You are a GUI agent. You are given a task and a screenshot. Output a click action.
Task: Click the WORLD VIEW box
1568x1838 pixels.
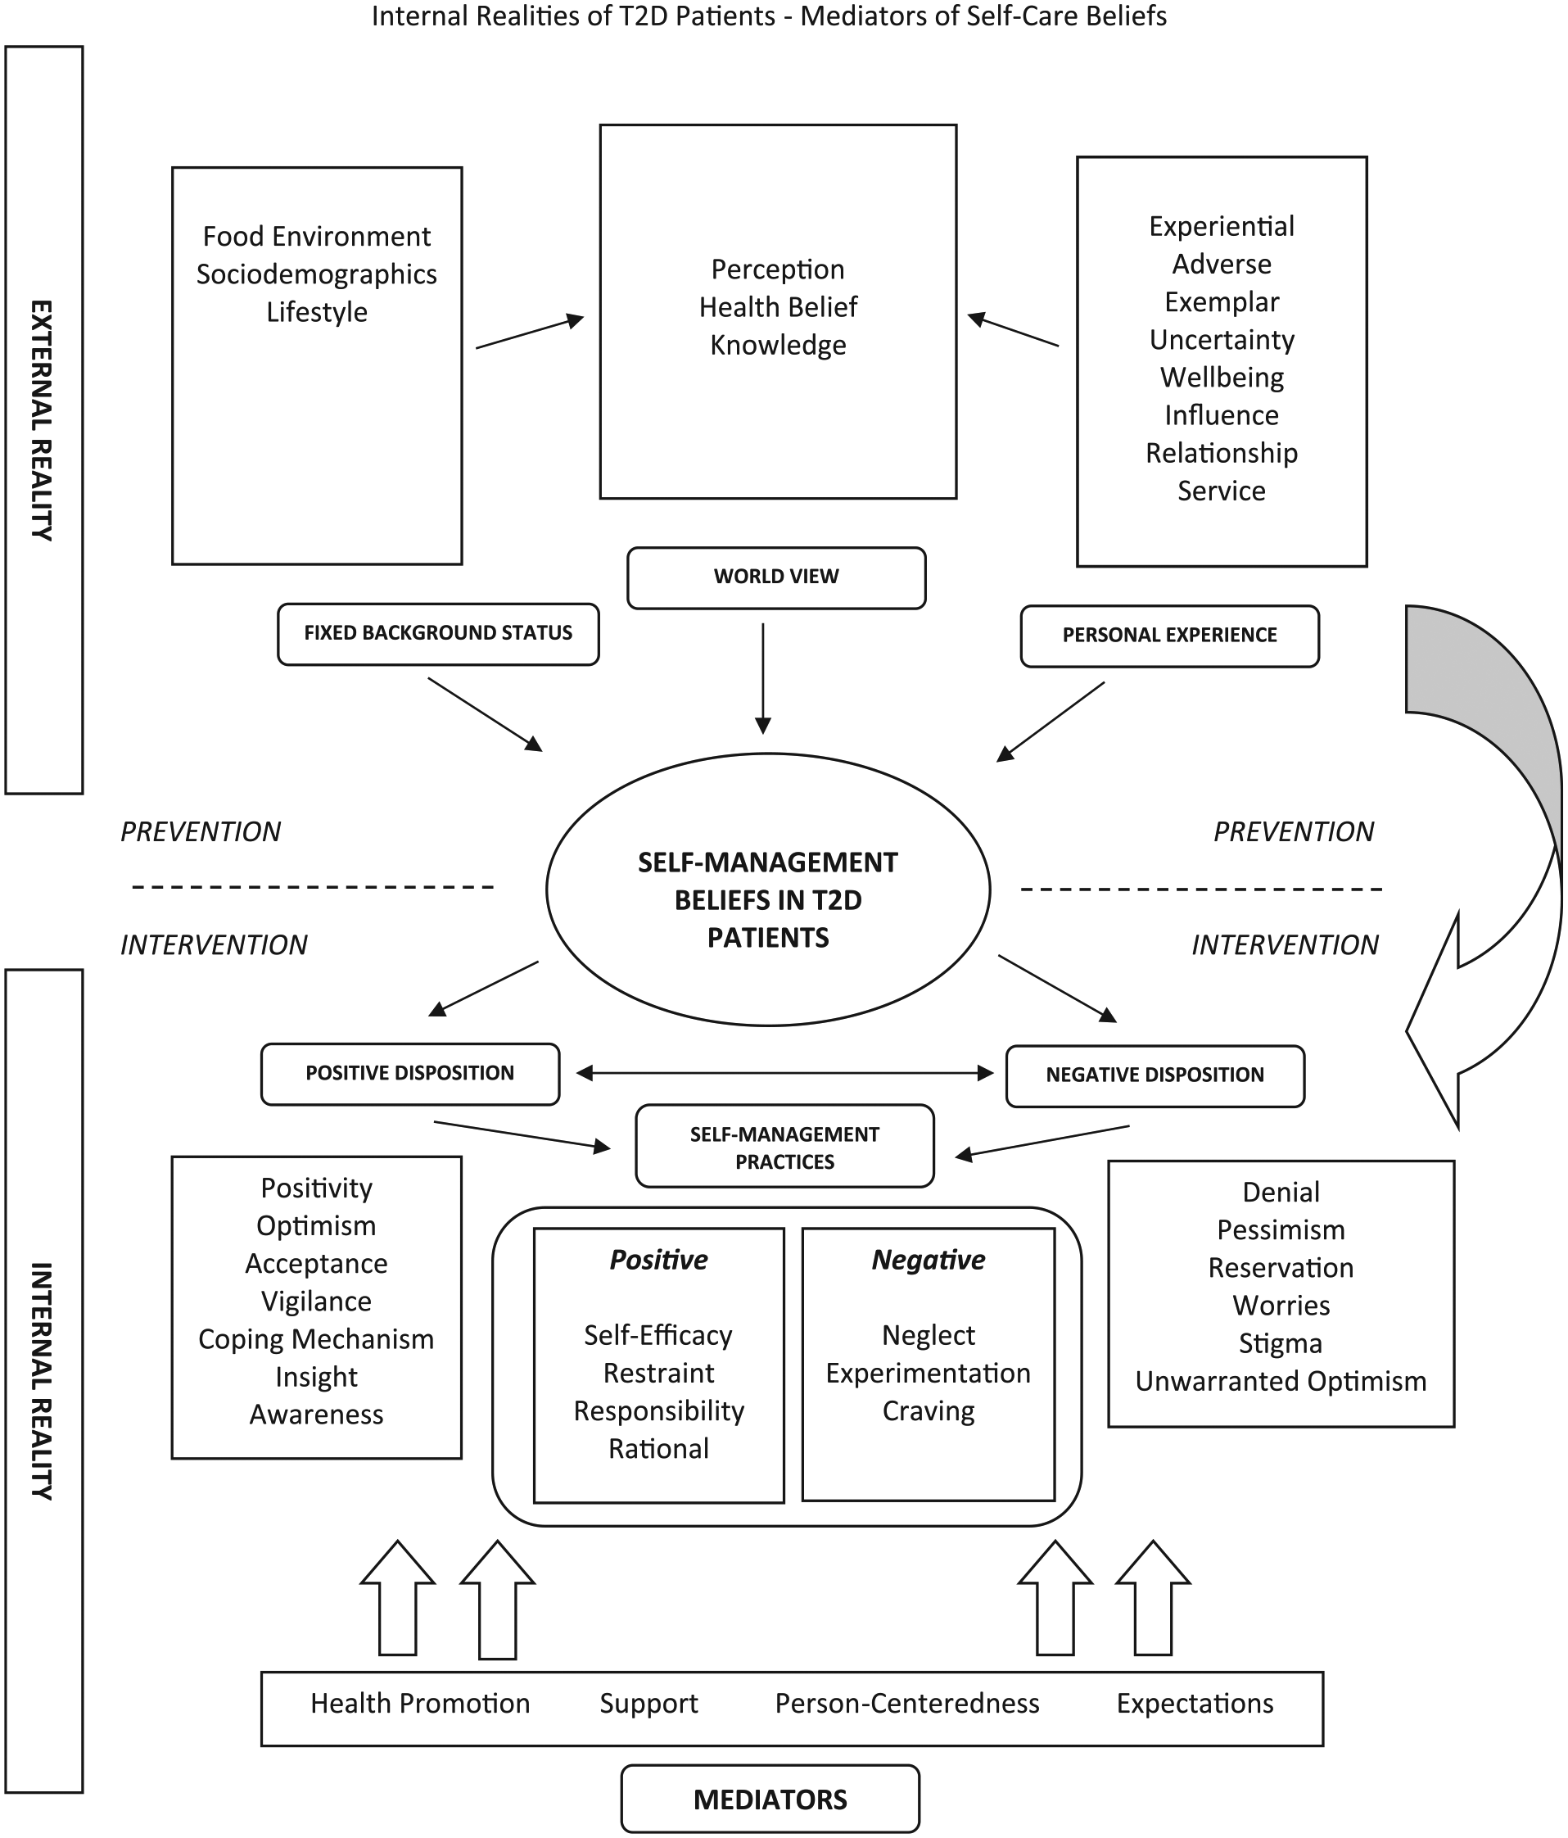[776, 577]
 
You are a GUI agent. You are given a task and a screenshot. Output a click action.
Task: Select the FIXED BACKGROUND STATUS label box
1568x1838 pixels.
[438, 634]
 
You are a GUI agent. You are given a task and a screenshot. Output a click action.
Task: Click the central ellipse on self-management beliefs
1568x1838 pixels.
[768, 889]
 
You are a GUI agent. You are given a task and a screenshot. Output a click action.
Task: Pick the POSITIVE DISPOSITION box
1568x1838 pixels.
[409, 1073]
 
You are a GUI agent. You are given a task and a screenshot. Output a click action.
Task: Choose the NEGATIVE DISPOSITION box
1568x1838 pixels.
[1155, 1076]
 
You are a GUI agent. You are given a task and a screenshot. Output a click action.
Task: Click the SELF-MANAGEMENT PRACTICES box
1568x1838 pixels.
[785, 1146]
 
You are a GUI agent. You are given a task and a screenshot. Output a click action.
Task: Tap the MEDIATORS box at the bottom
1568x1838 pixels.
[770, 1799]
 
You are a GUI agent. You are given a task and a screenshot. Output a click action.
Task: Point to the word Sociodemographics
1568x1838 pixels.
[317, 275]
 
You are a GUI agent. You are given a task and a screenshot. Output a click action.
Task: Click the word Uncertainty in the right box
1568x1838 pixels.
[1221, 340]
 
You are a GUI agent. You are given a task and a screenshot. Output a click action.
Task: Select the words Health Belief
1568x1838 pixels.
[778, 307]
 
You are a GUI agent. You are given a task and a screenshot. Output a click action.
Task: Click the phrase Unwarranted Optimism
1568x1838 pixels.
[1281, 1381]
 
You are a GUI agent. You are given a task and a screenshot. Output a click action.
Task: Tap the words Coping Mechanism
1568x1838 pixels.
[316, 1338]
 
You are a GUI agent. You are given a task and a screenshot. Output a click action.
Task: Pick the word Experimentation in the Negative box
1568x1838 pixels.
[928, 1374]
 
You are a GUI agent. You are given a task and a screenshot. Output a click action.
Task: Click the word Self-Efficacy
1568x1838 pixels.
[658, 1335]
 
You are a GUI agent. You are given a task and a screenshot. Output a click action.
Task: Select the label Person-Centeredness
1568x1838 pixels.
[907, 1703]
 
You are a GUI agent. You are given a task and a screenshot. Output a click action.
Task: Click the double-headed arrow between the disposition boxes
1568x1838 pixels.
[785, 1073]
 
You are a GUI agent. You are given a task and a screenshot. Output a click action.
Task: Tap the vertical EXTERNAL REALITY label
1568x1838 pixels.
[41, 420]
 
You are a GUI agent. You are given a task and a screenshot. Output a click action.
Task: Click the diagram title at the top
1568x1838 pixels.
[769, 16]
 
